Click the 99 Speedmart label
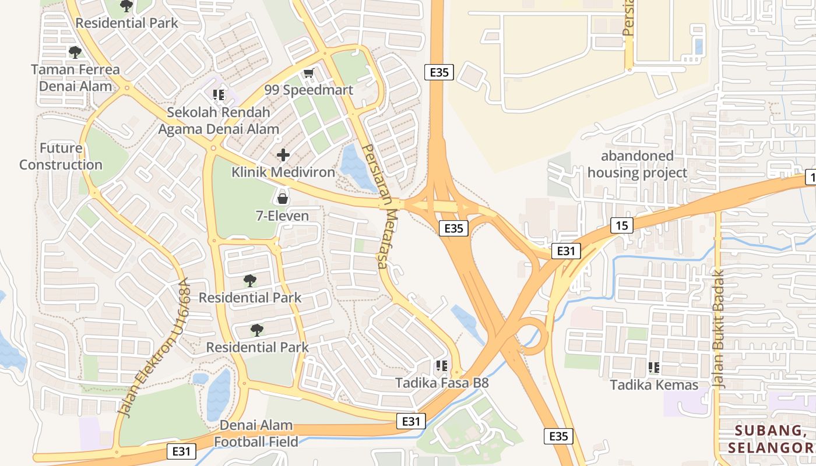pos(308,90)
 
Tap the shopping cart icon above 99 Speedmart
pos(308,73)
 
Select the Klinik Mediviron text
pos(283,172)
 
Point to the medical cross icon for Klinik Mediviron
pos(283,155)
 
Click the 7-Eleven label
pos(283,216)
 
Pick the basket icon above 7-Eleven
pos(283,199)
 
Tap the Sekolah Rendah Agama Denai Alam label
pos(219,120)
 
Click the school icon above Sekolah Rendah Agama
pos(219,94)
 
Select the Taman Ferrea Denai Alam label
pos(75,77)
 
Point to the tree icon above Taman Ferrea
pos(75,52)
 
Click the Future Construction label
pos(61,156)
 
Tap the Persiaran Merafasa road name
pos(375,206)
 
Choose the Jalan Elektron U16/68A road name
pos(154,347)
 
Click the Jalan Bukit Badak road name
pos(718,329)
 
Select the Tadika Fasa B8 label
pos(442,383)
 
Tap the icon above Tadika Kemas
pos(654,368)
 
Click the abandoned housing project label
pos(637,164)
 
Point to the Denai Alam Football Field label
pos(256,433)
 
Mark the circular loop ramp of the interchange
pos(532,336)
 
